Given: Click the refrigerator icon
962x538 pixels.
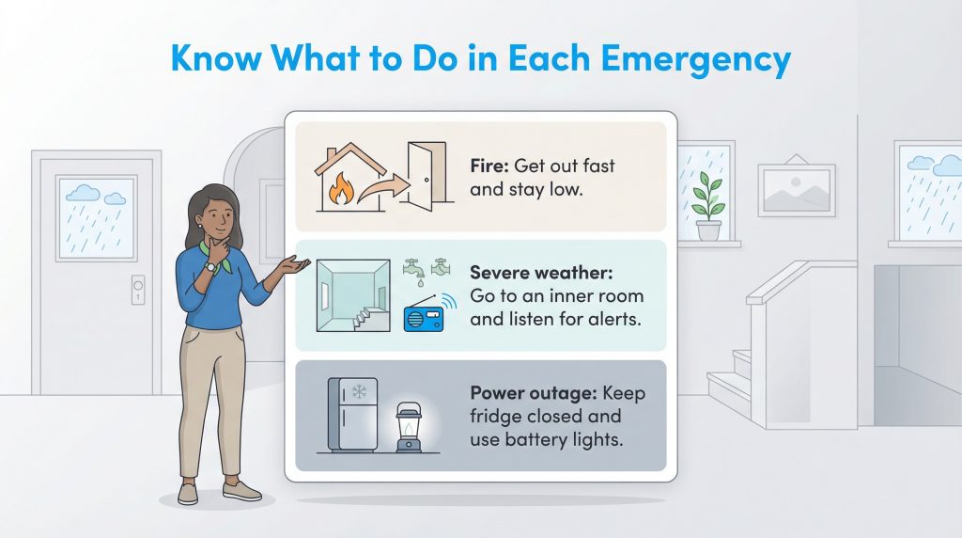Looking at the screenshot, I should click(351, 414).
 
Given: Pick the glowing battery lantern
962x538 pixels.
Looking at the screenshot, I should click(408, 427).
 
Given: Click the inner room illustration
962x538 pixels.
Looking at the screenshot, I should click(352, 293).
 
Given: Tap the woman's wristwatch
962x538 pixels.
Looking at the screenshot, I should click(211, 267).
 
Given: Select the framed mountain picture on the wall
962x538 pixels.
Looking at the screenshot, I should click(797, 190).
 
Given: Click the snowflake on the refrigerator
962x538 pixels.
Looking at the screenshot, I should click(359, 391).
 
